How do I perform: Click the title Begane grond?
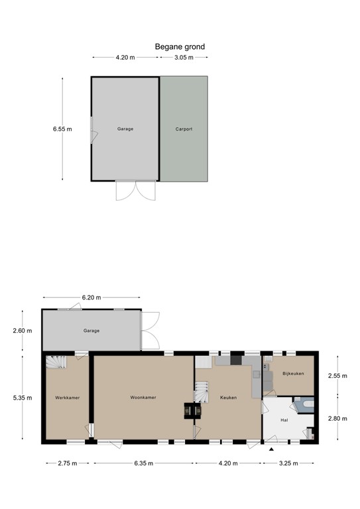point(180,47)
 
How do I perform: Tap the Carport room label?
point(184,129)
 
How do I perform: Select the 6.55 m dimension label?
point(62,129)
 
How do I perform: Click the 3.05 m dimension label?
point(184,58)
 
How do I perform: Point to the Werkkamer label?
point(68,398)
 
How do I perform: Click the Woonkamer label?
point(143,398)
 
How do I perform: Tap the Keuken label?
point(229,398)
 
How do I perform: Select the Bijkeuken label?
point(293,374)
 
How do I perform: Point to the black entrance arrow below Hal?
point(271,449)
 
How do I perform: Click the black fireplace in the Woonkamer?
point(193,411)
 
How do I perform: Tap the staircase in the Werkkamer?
point(56,363)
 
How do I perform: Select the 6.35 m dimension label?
point(143,463)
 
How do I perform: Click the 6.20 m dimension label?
point(91,298)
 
